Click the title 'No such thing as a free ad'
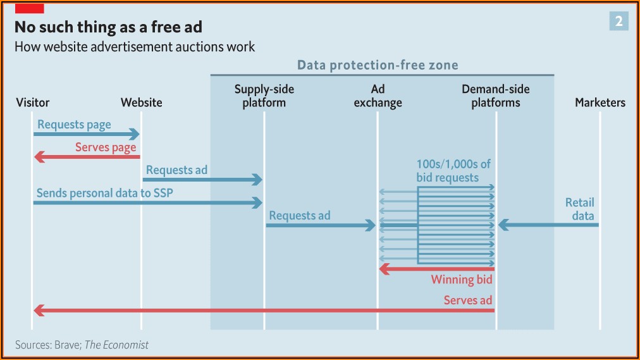(108, 27)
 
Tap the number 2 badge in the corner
(618, 22)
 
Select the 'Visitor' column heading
(32, 102)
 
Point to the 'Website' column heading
(141, 102)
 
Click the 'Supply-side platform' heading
(264, 96)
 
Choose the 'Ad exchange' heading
(378, 96)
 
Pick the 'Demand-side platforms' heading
(496, 96)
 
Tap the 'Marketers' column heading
(600, 102)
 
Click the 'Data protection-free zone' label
(378, 65)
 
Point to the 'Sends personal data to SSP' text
(103, 193)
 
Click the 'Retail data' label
(580, 209)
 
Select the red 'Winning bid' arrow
(436, 269)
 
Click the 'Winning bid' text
(462, 280)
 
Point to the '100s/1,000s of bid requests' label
(453, 171)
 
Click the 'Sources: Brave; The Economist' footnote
(82, 345)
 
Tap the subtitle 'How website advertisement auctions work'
(134, 47)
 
